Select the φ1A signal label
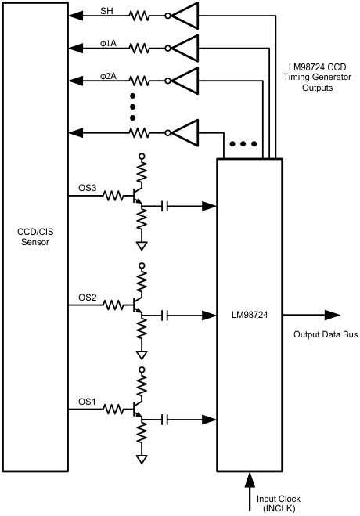[106, 44]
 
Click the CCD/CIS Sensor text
[34, 237]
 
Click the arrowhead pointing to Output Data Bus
[332, 316]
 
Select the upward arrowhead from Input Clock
[250, 477]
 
